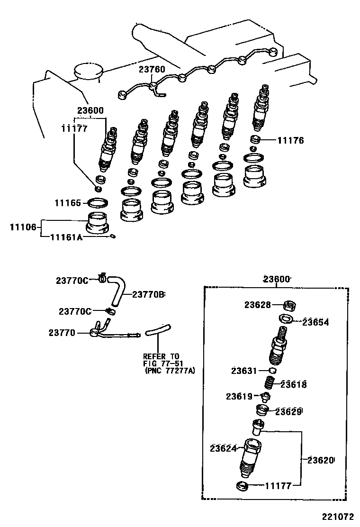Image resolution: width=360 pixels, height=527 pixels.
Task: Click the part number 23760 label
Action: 152,70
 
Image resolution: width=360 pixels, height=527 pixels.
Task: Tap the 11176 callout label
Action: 290,140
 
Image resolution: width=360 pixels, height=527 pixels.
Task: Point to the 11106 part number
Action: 23,227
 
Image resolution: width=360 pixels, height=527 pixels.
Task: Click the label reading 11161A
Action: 66,237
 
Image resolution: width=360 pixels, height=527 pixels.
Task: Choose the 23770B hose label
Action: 148,294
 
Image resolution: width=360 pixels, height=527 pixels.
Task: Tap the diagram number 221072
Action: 339,516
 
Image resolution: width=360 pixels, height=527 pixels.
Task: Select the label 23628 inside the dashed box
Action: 258,305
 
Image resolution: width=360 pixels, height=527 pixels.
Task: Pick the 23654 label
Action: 315,322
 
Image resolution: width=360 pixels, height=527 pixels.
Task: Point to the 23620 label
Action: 321,460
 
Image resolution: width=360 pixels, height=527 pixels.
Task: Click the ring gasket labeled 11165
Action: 98,203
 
